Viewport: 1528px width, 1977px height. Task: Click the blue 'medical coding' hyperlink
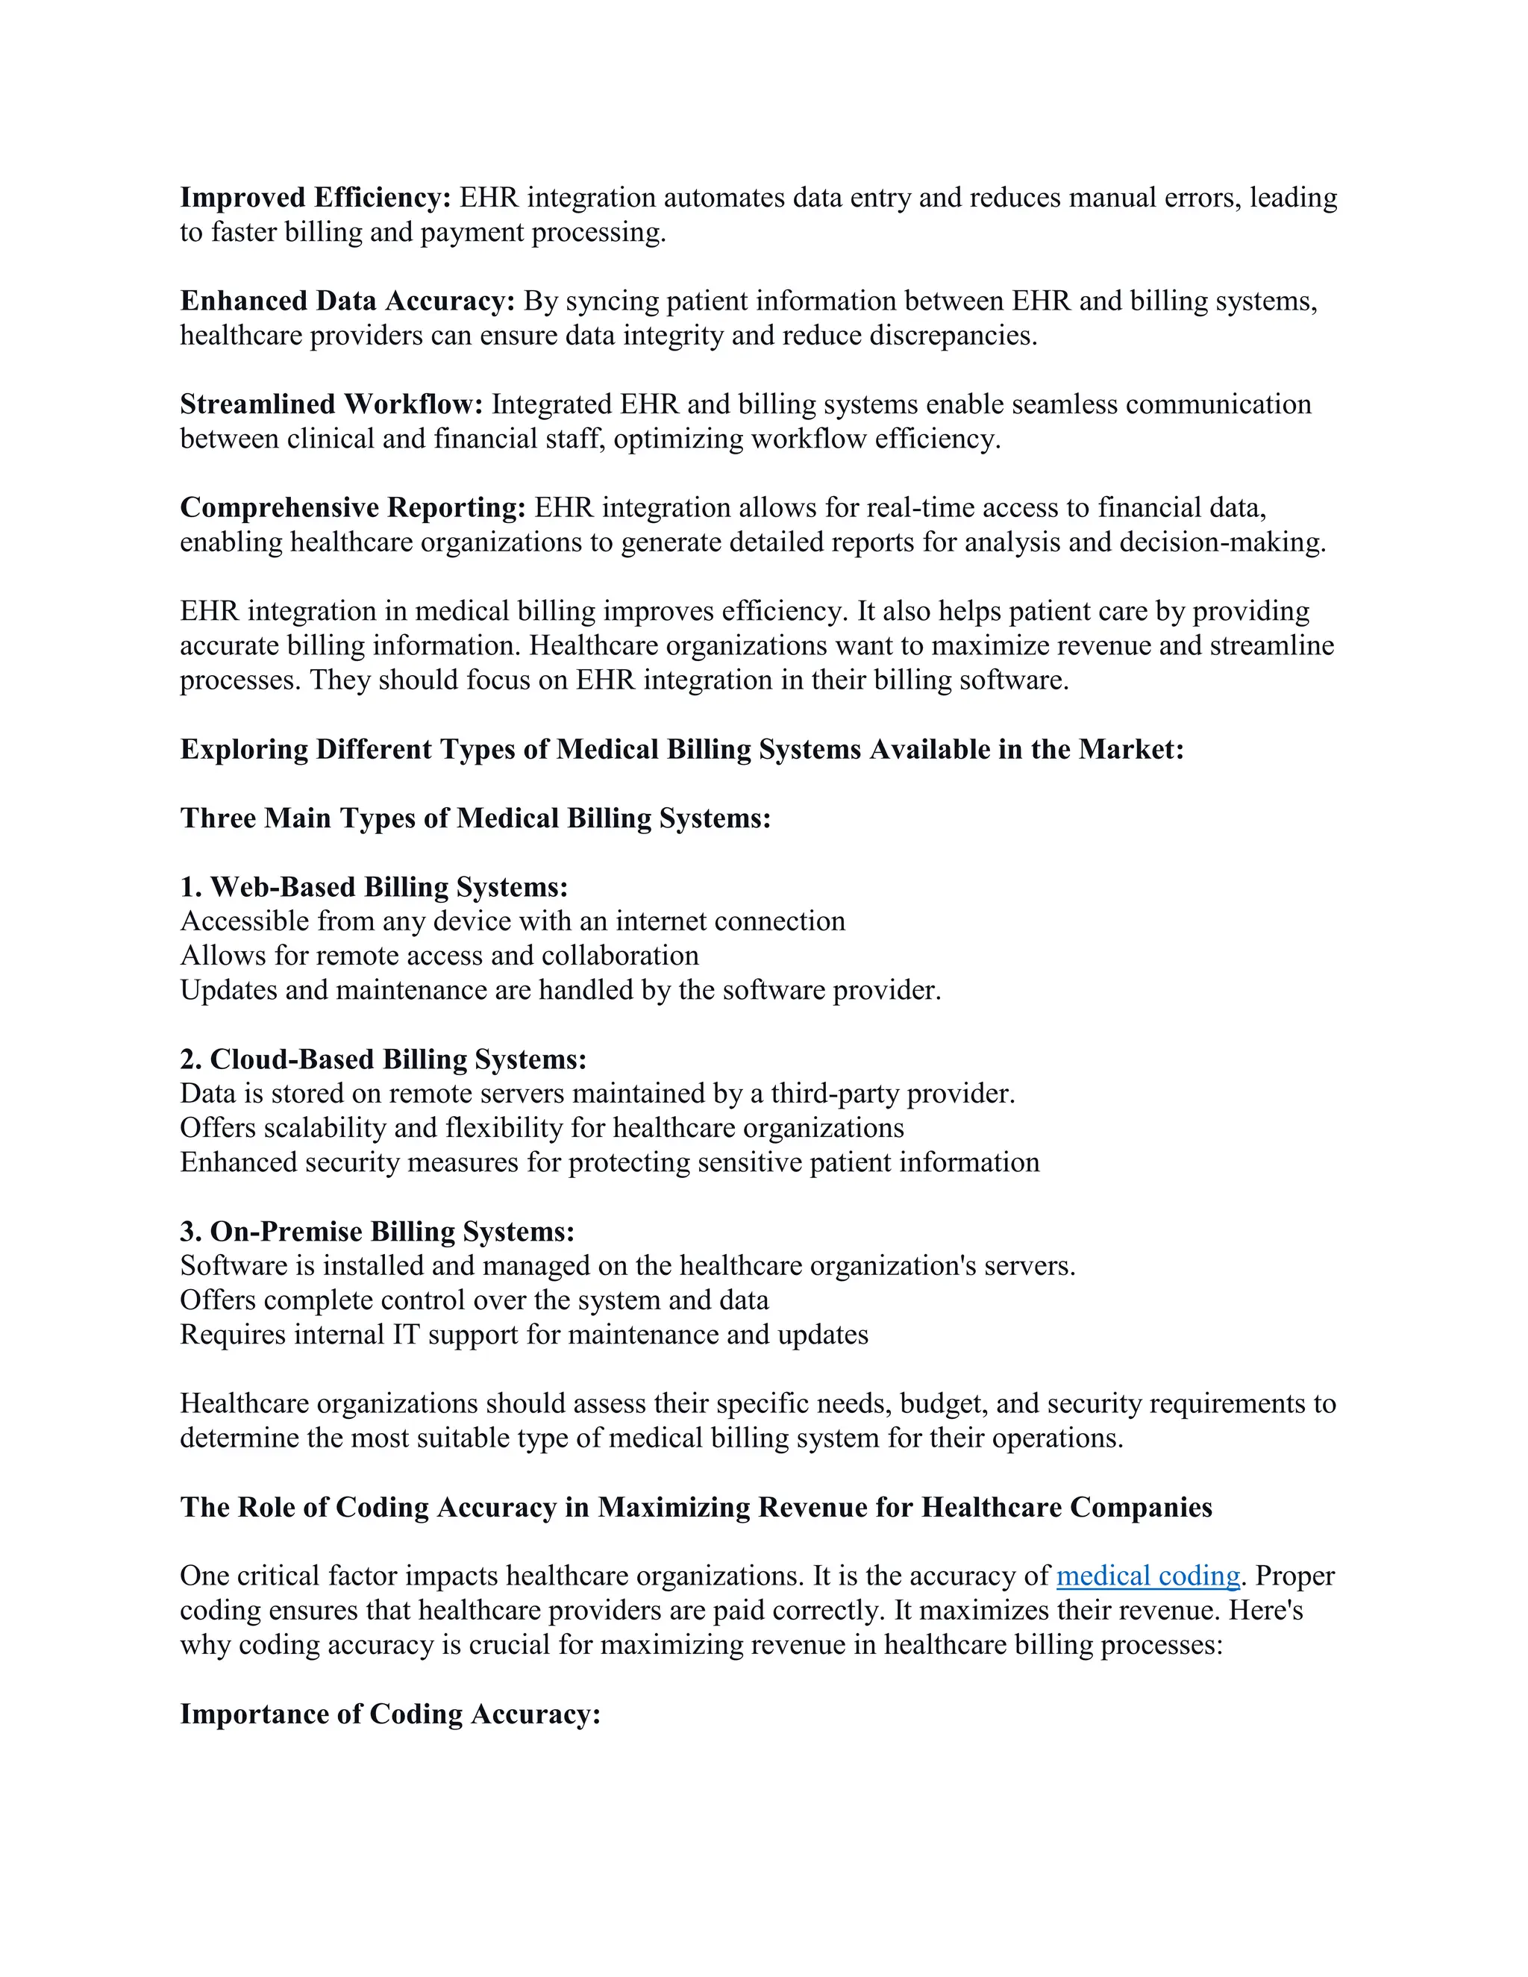1147,1576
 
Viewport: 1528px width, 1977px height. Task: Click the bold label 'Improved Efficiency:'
315,198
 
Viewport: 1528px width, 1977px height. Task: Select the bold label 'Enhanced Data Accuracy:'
348,301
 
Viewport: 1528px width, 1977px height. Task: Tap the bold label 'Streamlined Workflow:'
331,404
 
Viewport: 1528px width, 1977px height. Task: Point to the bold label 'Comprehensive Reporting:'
353,508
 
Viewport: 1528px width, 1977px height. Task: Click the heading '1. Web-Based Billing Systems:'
374,887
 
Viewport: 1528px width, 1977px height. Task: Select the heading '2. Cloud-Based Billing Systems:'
383,1059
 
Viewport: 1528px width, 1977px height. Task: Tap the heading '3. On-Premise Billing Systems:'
378,1231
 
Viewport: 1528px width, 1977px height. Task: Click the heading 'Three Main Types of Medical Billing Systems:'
475,818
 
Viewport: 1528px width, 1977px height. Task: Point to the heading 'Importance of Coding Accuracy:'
390,1714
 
